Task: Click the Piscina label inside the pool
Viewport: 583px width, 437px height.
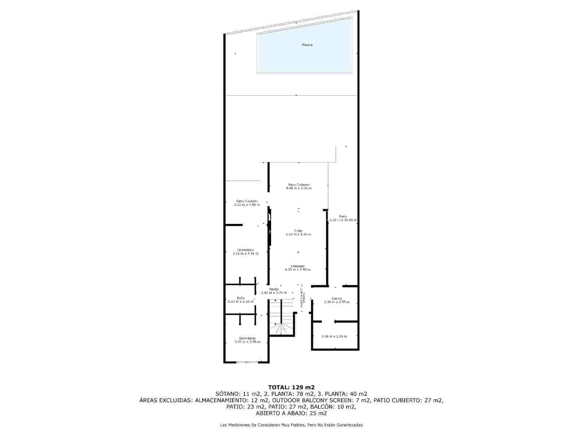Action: point(307,45)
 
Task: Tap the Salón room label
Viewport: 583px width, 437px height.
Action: point(298,231)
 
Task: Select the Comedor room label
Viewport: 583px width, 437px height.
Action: point(298,266)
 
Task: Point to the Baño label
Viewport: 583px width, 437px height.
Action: point(240,298)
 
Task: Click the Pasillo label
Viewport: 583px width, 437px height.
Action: point(274,289)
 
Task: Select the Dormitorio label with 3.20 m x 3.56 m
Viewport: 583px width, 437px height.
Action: point(247,338)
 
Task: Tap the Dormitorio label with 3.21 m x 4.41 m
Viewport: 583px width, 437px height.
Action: point(245,250)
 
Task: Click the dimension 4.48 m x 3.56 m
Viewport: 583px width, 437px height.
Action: point(299,189)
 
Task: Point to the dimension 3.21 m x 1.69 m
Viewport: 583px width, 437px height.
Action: point(247,205)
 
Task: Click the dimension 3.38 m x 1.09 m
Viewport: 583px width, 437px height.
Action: point(334,336)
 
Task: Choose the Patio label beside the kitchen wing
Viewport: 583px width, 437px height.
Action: point(343,216)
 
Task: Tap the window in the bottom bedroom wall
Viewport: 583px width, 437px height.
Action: point(247,362)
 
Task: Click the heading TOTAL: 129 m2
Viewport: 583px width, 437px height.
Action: point(291,387)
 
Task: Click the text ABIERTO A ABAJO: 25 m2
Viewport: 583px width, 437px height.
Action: point(291,413)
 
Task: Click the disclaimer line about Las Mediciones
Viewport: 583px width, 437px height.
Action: point(291,425)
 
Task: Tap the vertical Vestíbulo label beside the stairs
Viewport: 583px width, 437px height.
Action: point(302,300)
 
